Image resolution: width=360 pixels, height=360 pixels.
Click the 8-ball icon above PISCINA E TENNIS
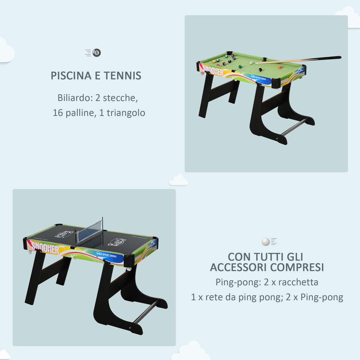point(97,53)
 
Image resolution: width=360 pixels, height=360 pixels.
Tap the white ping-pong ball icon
point(266,242)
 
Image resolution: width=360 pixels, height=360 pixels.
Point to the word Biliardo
point(72,98)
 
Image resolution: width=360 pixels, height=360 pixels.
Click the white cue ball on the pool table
point(251,63)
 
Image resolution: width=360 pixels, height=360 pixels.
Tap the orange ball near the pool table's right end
point(280,67)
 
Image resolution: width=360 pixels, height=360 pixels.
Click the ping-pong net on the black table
point(90,232)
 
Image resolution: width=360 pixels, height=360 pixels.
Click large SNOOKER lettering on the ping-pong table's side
point(44,247)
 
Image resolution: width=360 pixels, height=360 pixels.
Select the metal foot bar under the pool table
point(294,127)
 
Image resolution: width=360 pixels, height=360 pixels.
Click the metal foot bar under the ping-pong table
point(146,311)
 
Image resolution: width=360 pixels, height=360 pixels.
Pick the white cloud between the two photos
point(179,180)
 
